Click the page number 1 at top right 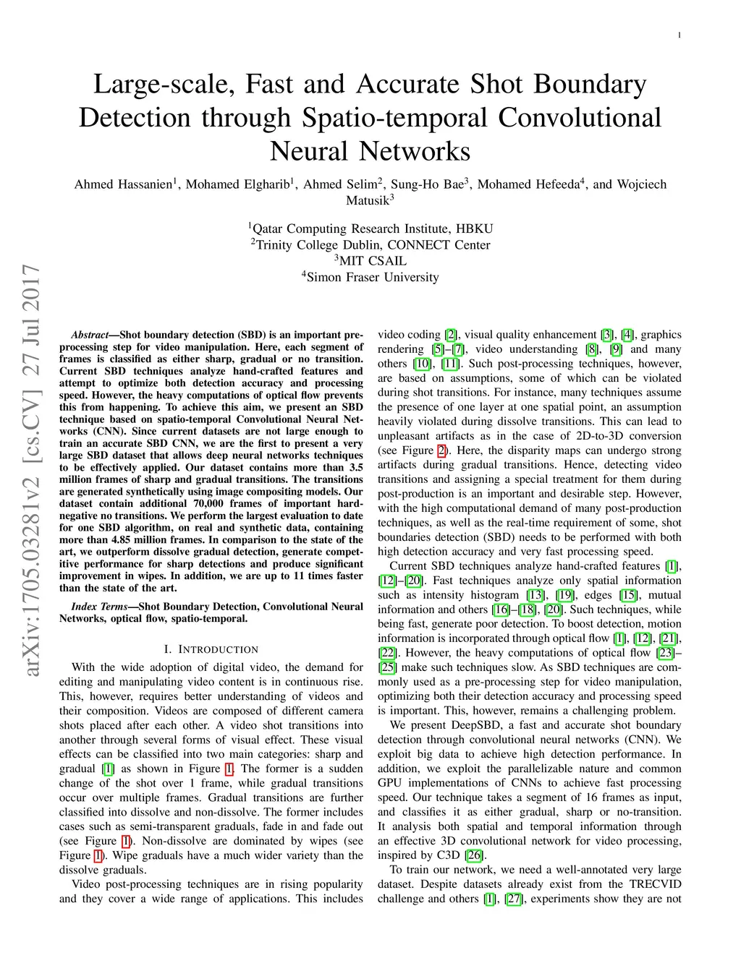[x=679, y=35]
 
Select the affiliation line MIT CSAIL [x=370, y=261]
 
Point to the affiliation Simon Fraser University [x=370, y=277]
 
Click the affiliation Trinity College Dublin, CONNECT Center [x=370, y=245]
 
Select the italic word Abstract [x=89, y=335]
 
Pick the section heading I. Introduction [x=211, y=649]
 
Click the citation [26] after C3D [x=474, y=855]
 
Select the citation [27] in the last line [x=513, y=899]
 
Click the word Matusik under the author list [x=368, y=200]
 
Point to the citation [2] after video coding [x=451, y=335]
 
